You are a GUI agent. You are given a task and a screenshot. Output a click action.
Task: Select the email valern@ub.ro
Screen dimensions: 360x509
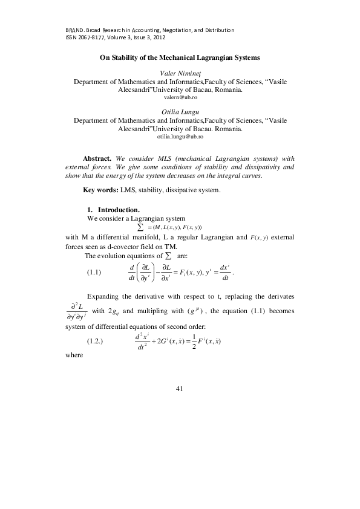click(180, 97)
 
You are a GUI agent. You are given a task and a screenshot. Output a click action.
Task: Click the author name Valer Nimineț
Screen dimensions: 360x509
click(180, 73)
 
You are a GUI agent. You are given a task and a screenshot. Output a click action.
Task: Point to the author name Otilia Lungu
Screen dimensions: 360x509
click(180, 112)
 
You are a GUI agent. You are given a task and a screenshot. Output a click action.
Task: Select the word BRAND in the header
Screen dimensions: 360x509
click(73, 30)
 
